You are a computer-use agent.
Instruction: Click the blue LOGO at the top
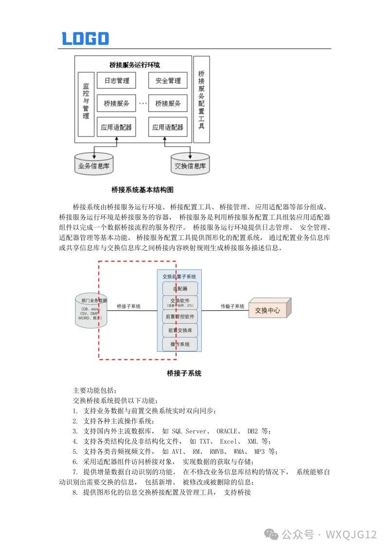click(x=85, y=38)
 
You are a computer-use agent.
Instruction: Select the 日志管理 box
click(x=116, y=81)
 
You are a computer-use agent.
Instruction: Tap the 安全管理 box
click(x=168, y=81)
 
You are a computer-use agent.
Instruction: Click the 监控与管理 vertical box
click(x=86, y=103)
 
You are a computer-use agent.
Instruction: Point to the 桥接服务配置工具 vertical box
click(x=201, y=99)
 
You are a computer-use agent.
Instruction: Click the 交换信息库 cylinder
click(x=190, y=165)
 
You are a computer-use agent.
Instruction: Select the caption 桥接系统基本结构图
click(x=142, y=189)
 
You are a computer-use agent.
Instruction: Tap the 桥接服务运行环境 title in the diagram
click(x=135, y=65)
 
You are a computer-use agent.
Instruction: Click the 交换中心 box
click(x=268, y=310)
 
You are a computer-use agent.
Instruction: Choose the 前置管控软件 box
click(x=179, y=317)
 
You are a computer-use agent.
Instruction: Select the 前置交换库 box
click(x=179, y=331)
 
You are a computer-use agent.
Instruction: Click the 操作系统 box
click(x=179, y=344)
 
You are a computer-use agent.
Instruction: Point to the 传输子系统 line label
click(x=232, y=307)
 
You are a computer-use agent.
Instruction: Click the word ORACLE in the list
click(x=227, y=431)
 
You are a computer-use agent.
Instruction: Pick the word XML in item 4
click(x=252, y=441)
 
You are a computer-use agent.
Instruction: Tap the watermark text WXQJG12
click(x=351, y=534)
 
